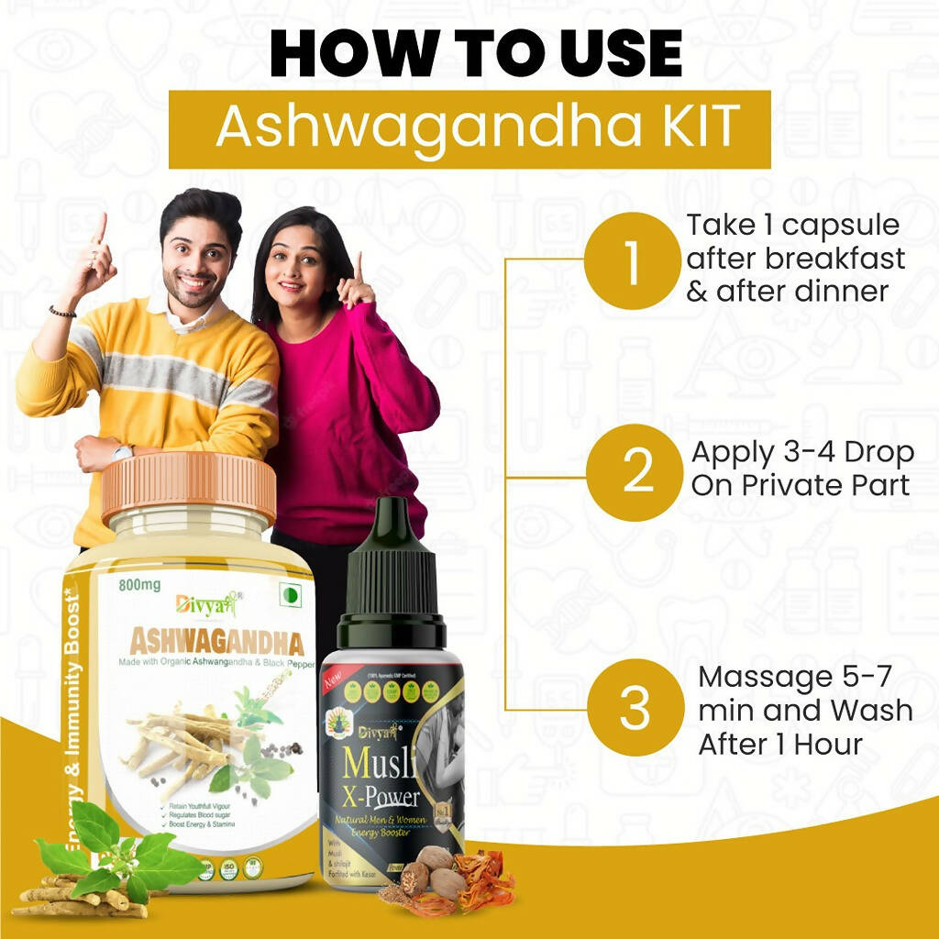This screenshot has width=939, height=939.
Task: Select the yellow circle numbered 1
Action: click(632, 260)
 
